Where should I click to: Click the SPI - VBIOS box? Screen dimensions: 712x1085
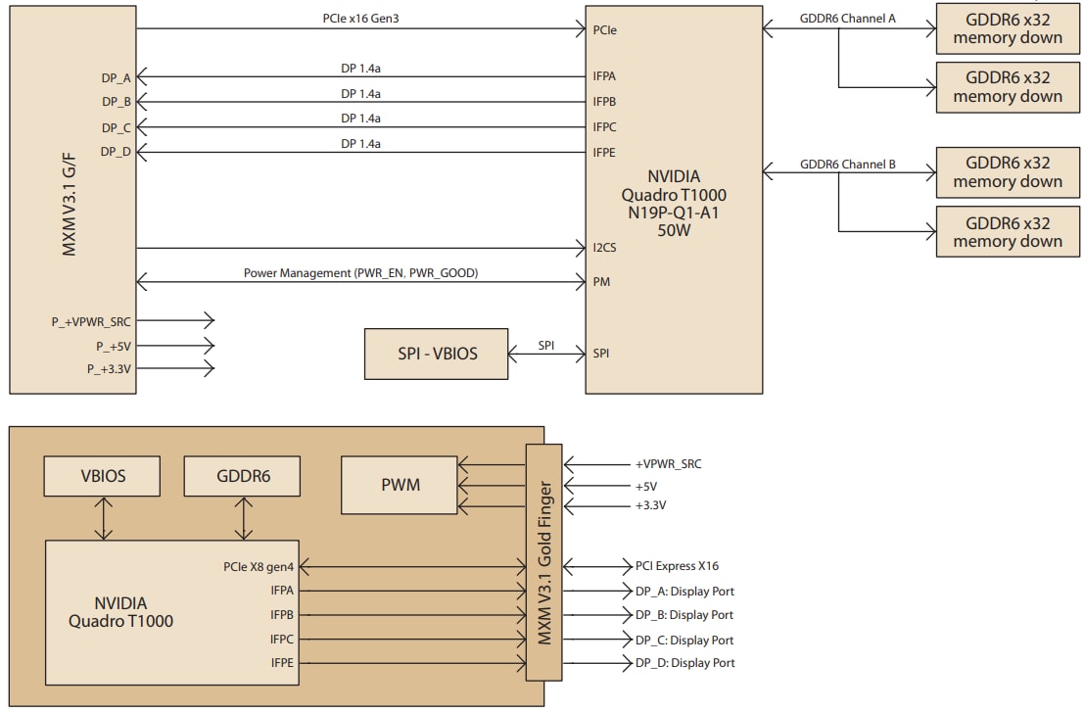[x=437, y=354]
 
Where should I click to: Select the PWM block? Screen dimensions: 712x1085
[x=399, y=485]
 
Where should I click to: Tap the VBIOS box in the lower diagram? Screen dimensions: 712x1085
[x=103, y=477]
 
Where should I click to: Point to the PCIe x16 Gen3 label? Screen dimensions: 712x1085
[x=359, y=20]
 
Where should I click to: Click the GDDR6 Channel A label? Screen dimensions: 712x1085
[x=848, y=20]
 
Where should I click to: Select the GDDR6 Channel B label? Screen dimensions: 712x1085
[x=848, y=165]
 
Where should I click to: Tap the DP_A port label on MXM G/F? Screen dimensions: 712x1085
[x=117, y=76]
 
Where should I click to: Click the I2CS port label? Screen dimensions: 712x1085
[x=604, y=248]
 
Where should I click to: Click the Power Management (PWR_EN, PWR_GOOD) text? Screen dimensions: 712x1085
[x=360, y=273]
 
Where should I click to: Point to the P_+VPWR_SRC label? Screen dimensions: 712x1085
[x=92, y=320]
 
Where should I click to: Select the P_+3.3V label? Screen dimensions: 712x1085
[x=111, y=368]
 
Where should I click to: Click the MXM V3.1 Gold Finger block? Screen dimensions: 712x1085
[x=544, y=561]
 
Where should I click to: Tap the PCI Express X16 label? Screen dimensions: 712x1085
[x=678, y=566]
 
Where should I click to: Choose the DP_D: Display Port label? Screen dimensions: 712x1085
[x=684, y=663]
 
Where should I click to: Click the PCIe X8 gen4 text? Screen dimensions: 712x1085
[x=258, y=567]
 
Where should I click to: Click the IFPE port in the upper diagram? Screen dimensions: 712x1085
[x=604, y=152]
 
